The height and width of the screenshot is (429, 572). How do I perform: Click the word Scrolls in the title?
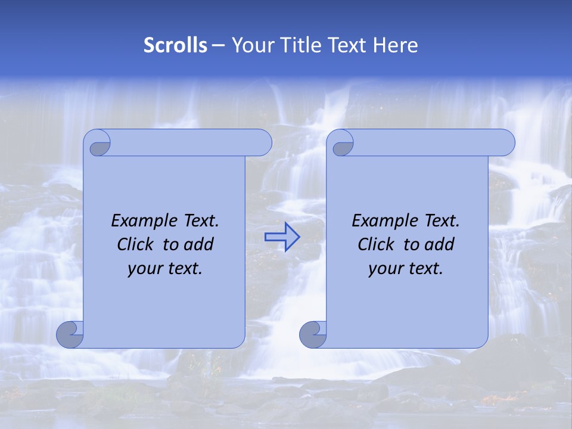coord(175,45)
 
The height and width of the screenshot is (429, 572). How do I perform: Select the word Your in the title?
coord(250,45)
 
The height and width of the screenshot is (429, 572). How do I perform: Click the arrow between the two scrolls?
coord(282,237)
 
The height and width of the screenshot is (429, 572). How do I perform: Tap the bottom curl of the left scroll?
coord(70,335)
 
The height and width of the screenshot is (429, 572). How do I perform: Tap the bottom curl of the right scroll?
coord(313,335)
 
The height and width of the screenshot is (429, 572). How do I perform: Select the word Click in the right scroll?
coord(375,244)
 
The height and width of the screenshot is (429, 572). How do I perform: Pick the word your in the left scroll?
coord(145,269)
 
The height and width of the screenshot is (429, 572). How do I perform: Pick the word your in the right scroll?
coord(386,269)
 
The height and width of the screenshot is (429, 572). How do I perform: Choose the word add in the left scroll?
coord(199,244)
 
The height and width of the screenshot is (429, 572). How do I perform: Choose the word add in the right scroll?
coord(440,244)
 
